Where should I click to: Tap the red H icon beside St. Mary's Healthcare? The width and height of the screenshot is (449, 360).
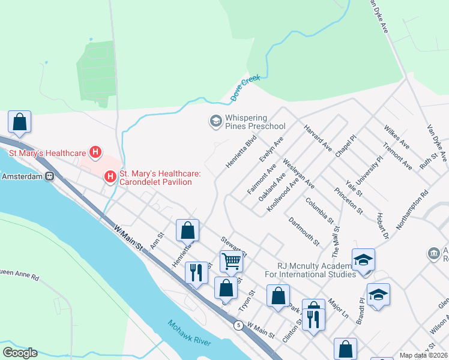click(94, 153)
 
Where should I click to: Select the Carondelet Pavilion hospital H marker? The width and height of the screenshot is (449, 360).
click(110, 177)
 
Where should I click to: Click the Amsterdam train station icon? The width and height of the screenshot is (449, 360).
click(50, 177)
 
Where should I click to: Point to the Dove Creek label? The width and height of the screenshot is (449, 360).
click(244, 89)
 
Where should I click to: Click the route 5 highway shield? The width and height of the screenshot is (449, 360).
click(238, 325)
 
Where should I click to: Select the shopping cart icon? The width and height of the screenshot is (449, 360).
click(231, 261)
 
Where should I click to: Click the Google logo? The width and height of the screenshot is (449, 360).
click(20, 352)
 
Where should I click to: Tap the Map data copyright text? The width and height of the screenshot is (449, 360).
click(424, 355)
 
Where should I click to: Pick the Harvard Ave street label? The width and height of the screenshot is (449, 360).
click(318, 138)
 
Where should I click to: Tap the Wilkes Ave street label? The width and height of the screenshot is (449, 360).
click(396, 137)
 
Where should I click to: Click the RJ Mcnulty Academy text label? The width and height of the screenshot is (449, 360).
click(315, 271)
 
